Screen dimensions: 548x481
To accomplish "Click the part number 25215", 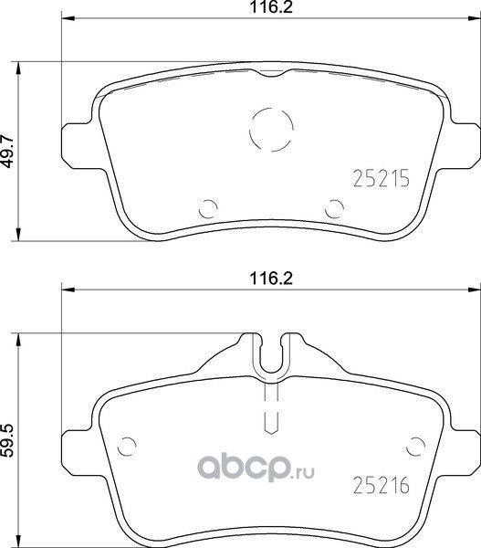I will [x=378, y=180].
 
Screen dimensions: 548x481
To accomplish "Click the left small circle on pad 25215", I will [x=207, y=206].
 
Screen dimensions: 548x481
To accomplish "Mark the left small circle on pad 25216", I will [x=129, y=448].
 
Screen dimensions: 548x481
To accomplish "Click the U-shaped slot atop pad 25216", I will [x=270, y=358].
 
